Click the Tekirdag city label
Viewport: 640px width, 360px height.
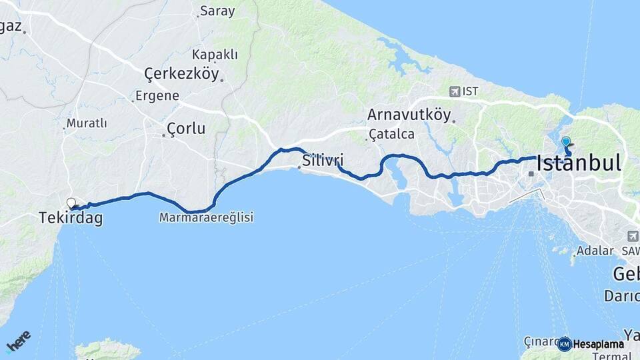(71, 218)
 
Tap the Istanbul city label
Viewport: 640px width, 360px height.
(579, 163)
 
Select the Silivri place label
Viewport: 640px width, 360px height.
(323, 160)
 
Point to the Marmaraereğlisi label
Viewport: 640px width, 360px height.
(206, 217)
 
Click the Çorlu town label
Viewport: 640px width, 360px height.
(186, 128)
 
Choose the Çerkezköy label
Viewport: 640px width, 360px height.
(181, 74)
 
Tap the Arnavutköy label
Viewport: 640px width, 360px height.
(409, 115)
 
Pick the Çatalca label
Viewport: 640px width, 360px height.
(392, 134)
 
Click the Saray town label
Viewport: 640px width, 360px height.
(218, 12)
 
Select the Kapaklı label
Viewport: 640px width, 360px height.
(215, 55)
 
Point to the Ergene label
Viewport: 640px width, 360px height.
(157, 96)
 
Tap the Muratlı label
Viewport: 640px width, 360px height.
(87, 123)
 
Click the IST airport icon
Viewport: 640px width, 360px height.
(455, 91)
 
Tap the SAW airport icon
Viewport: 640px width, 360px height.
(633, 236)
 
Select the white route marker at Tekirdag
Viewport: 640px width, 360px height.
(71, 203)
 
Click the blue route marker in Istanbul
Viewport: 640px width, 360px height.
(566, 141)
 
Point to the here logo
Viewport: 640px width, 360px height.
(18, 341)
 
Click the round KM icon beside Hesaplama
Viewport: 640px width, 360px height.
(565, 344)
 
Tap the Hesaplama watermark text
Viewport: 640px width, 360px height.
(599, 344)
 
